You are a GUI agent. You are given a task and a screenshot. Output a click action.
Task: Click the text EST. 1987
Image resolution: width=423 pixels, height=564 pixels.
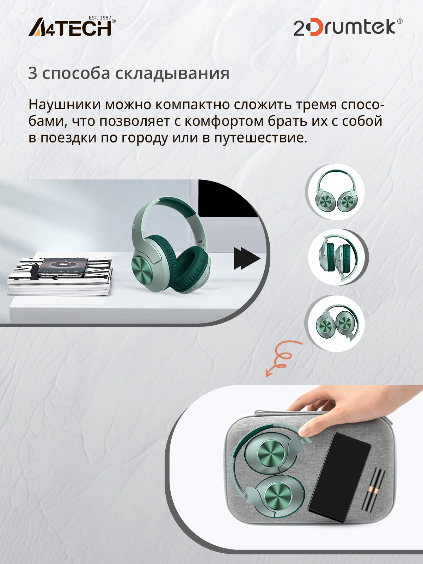pos(100,18)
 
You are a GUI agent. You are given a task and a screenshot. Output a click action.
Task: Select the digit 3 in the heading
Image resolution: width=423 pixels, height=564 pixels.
pos(33,73)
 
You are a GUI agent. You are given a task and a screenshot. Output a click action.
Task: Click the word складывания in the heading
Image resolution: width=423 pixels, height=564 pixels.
pos(172,74)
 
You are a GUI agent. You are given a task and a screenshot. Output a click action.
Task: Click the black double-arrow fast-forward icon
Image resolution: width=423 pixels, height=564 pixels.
pos(246,258)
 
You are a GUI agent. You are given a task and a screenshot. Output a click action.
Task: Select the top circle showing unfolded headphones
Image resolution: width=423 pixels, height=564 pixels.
pos(336,192)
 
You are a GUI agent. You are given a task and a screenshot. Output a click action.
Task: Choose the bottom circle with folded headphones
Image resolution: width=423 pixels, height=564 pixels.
pos(336,323)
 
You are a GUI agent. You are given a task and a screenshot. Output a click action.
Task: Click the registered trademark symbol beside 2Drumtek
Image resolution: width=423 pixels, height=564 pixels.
pos(400,21)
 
